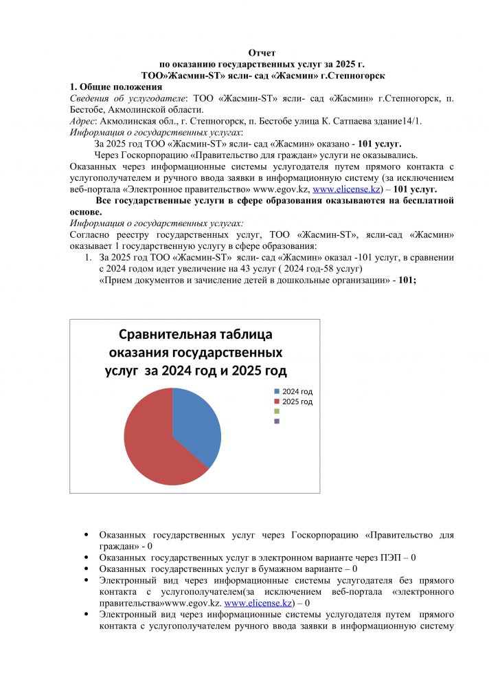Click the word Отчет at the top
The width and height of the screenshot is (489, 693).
click(x=262, y=53)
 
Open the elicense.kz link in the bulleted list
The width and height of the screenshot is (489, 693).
click(x=258, y=603)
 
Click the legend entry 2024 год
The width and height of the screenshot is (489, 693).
click(x=297, y=391)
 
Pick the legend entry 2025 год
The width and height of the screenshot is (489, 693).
click(x=297, y=401)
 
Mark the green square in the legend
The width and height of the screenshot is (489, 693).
click(x=277, y=411)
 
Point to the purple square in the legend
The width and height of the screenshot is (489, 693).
click(x=277, y=421)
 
